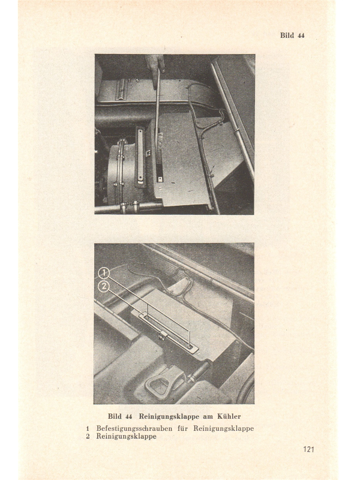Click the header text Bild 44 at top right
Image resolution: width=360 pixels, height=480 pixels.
pyautogui.click(x=292, y=35)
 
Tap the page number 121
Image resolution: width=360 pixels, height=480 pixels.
pyautogui.click(x=309, y=449)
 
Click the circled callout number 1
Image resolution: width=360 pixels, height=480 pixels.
pyautogui.click(x=104, y=273)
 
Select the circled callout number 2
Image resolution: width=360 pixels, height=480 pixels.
pyautogui.click(x=104, y=287)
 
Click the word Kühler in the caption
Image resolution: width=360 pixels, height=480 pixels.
pyautogui.click(x=229, y=416)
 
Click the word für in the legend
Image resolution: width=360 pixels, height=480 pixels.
pyautogui.click(x=183, y=428)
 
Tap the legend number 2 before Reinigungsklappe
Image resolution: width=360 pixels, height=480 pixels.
pyautogui.click(x=88, y=436)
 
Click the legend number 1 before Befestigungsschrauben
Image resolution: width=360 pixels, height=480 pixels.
pyautogui.click(x=88, y=428)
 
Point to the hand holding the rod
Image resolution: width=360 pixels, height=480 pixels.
pyautogui.click(x=155, y=64)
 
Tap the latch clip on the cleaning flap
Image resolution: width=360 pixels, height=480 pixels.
pyautogui.click(x=163, y=336)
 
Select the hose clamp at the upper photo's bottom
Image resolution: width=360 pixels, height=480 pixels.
pyautogui.click(x=129, y=206)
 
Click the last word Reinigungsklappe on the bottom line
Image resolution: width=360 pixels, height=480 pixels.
pyautogui.click(x=126, y=436)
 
